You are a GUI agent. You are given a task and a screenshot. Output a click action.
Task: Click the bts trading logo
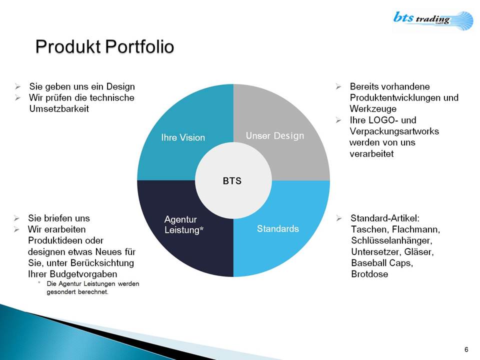pos(433,20)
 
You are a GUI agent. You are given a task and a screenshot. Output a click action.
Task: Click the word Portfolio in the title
pos(139,47)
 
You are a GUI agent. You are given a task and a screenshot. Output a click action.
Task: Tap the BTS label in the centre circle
pos(232,181)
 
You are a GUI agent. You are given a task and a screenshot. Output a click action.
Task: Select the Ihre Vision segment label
pos(183,137)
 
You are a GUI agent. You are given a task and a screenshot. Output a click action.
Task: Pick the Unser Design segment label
pos(275,136)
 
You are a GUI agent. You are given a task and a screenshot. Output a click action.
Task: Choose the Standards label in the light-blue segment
pos(277,228)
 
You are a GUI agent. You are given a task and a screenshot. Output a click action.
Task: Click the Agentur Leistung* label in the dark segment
pos(183,224)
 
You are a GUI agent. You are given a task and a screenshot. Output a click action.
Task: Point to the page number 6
pos(466,349)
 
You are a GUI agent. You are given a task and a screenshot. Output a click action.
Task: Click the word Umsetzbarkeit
pos(59,109)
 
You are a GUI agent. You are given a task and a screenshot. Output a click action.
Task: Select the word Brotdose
pos(369,274)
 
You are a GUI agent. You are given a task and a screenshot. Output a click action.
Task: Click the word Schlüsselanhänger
pos(391,240)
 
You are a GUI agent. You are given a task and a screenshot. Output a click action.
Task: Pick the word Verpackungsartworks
pos(394,131)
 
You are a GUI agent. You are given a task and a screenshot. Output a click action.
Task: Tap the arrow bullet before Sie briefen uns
pos(16,218)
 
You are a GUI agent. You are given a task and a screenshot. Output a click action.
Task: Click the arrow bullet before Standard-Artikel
pos(339,218)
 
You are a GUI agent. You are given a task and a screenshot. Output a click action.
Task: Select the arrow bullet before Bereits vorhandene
pos(338,86)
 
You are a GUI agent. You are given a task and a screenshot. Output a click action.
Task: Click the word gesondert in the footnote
pos(61,292)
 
